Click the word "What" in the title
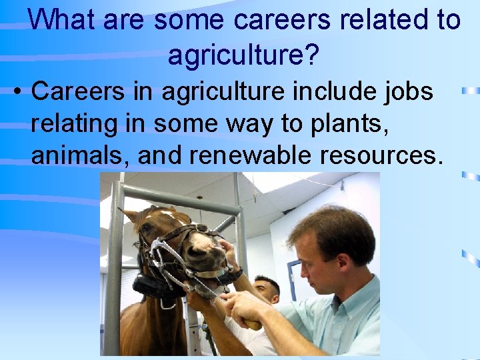62,20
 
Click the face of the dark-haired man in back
267,291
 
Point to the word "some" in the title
190,20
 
